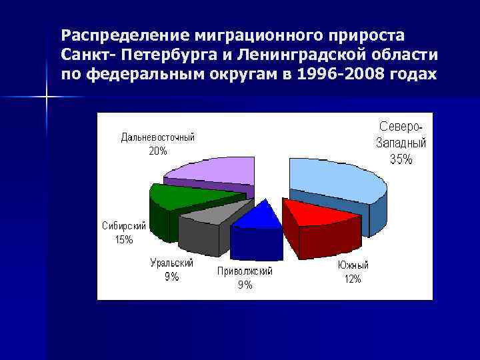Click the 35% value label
point(401,159)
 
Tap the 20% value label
point(158,151)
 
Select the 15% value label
point(124,239)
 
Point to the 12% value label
point(353,279)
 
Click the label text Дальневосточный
point(158,138)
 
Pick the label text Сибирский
point(124,226)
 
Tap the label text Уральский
point(172,263)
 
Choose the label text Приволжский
point(245,272)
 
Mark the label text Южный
point(353,266)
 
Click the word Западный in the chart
point(401,143)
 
